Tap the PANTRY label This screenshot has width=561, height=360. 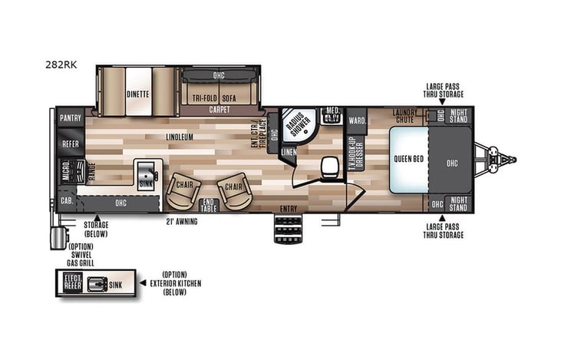pyautogui.click(x=70, y=119)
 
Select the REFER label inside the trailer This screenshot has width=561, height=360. pyautogui.click(x=70, y=144)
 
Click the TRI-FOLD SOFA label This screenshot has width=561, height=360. pyautogui.click(x=215, y=97)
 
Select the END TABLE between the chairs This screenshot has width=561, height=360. pyautogui.click(x=208, y=205)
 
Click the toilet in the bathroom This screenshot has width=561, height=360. pyautogui.click(x=330, y=166)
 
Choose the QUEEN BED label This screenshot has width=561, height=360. pyautogui.click(x=407, y=160)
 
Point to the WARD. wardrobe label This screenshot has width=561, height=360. pyautogui.click(x=357, y=121)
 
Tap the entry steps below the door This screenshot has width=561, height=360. pyautogui.click(x=288, y=227)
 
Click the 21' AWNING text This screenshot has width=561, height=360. pyautogui.click(x=182, y=223)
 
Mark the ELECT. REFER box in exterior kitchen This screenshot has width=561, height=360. pyautogui.click(x=72, y=283)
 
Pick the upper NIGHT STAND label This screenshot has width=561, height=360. pyautogui.click(x=458, y=116)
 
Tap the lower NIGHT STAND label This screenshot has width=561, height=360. pyautogui.click(x=458, y=204)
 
